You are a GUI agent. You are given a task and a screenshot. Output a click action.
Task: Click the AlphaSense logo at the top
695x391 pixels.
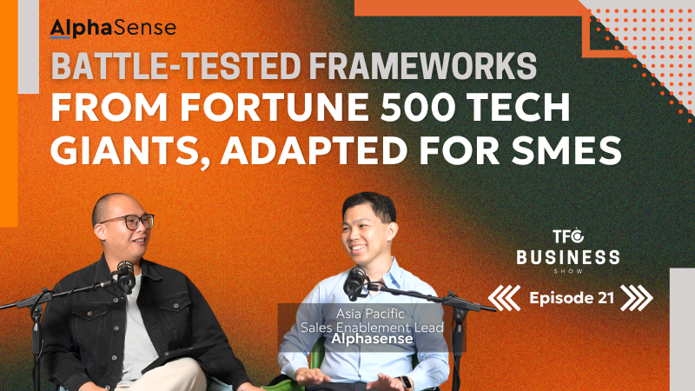(113, 29)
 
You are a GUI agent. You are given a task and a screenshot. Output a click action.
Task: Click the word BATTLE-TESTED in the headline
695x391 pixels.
(176, 66)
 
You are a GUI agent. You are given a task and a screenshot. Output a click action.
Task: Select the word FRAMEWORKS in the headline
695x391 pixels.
(422, 66)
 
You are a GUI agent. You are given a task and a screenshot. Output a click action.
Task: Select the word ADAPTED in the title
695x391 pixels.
(314, 150)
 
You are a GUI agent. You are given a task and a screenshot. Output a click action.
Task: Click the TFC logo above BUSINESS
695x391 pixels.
(568, 236)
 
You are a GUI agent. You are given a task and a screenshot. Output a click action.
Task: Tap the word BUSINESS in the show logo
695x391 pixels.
(568, 257)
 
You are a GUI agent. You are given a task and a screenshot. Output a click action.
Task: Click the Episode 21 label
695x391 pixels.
(572, 298)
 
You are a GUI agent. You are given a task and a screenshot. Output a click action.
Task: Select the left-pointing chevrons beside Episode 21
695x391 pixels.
(505, 298)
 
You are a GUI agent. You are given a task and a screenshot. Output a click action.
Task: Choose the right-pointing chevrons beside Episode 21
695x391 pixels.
(637, 298)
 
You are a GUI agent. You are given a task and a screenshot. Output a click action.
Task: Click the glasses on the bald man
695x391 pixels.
(129, 222)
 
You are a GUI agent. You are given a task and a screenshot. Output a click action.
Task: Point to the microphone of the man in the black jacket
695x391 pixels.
(125, 276)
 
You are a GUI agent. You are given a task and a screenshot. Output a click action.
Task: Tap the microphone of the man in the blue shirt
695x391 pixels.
(355, 283)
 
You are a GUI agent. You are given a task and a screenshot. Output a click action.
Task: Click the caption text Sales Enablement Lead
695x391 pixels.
(372, 328)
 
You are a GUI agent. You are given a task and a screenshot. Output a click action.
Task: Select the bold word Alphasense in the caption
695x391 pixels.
(373, 339)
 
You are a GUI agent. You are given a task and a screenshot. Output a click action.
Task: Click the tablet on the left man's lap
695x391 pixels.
(177, 357)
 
